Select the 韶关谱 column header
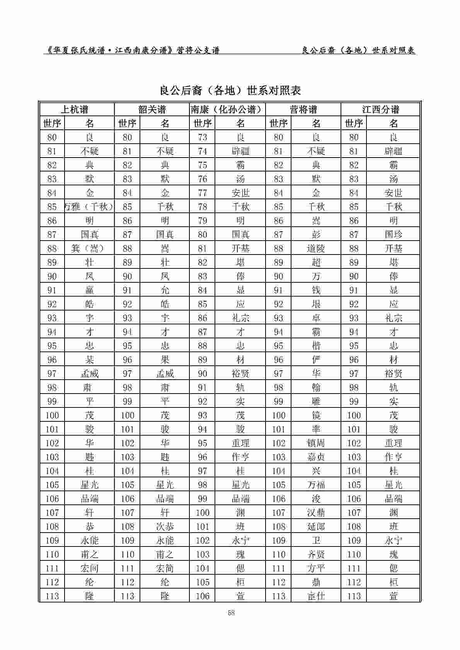click(152, 109)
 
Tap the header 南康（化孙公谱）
click(227, 109)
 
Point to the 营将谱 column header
click(303, 109)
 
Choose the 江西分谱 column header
click(380, 109)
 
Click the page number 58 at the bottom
click(232, 613)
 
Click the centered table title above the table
click(230, 91)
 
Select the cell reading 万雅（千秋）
click(89, 207)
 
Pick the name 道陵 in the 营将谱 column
click(316, 248)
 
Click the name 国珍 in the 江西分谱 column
click(394, 234)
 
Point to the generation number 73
click(202, 137)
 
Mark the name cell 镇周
click(316, 443)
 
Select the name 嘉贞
click(316, 457)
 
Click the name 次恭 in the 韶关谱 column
click(165, 526)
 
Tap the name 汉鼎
click(316, 513)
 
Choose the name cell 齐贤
click(316, 554)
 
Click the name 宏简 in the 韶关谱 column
click(165, 568)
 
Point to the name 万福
click(316, 485)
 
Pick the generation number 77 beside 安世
click(202, 193)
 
